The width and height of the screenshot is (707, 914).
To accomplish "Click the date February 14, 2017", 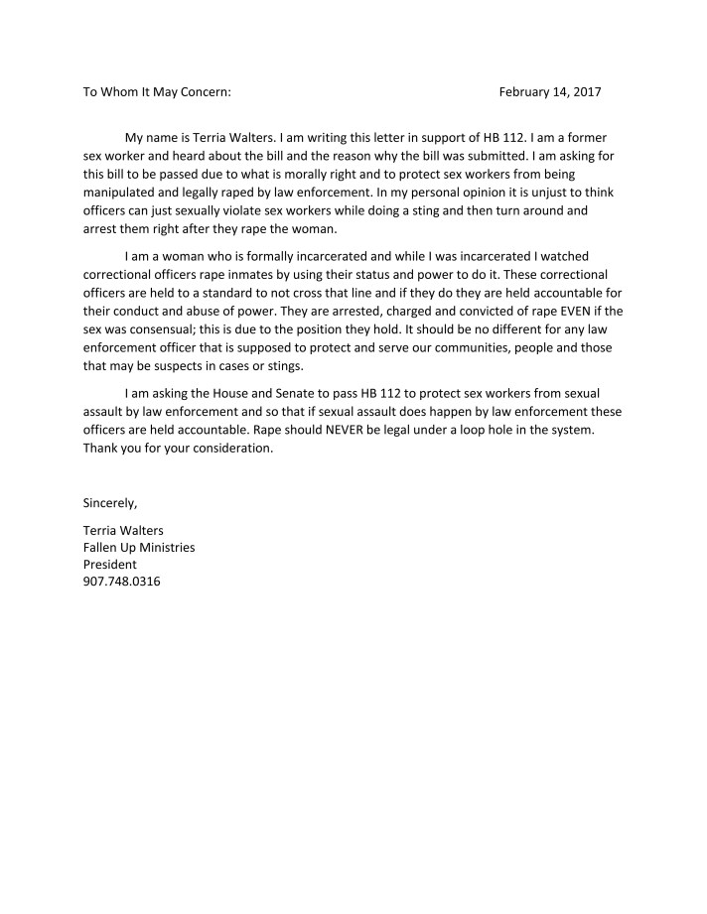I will (549, 92).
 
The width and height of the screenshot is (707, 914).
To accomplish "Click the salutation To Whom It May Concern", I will (157, 92).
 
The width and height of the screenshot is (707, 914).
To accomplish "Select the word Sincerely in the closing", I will (109, 503).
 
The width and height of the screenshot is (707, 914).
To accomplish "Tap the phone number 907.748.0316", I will (121, 582).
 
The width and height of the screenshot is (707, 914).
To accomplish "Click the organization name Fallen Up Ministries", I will (138, 547).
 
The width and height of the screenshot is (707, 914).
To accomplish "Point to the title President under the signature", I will (109, 565).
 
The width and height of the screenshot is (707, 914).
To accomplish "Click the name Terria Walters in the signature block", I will (123, 530).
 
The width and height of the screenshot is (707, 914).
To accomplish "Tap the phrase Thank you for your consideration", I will (177, 449).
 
